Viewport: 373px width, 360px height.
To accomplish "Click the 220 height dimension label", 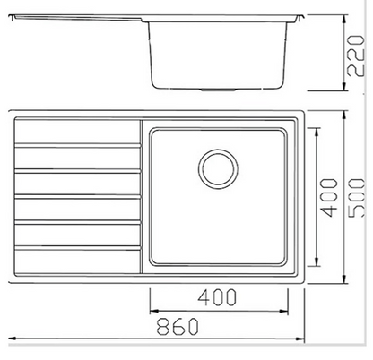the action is pyautogui.click(x=355, y=56).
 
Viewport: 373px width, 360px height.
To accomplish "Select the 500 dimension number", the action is pyautogui.click(x=358, y=197).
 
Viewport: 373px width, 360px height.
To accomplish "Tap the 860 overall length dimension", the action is pyautogui.click(x=178, y=326).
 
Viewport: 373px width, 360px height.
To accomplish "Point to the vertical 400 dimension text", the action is pyautogui.click(x=329, y=197).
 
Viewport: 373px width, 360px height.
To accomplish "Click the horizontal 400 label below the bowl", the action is pyautogui.click(x=217, y=297).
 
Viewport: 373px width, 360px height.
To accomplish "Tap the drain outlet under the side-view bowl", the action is pyautogui.click(x=218, y=90).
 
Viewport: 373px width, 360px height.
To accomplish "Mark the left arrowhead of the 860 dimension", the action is pyautogui.click(x=12, y=339).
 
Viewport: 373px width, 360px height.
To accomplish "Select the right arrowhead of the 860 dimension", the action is pyautogui.click(x=300, y=339).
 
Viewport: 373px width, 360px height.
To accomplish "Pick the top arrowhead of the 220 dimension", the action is pyautogui.click(x=344, y=19).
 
